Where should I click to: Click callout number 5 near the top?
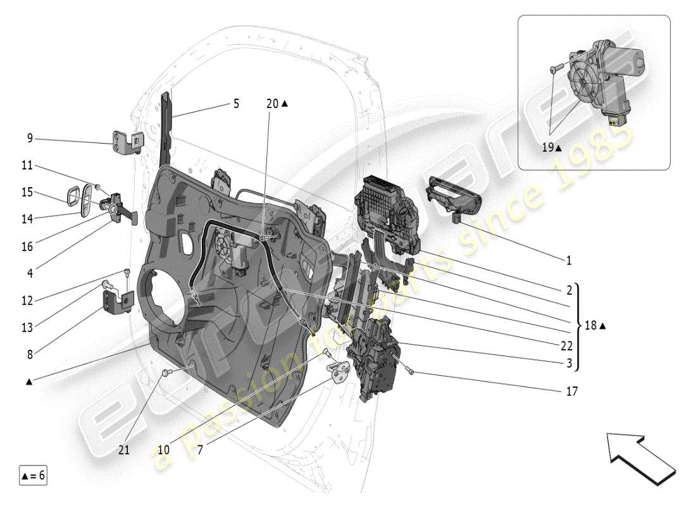coord(236,103)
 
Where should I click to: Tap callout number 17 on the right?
coord(571,392)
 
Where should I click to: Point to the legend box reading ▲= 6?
coord(33,475)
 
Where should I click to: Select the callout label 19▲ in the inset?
coord(551,147)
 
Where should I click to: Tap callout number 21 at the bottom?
coord(125,450)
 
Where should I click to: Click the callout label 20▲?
coord(277,103)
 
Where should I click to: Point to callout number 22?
coord(566,346)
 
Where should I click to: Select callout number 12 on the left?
coord(27,300)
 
